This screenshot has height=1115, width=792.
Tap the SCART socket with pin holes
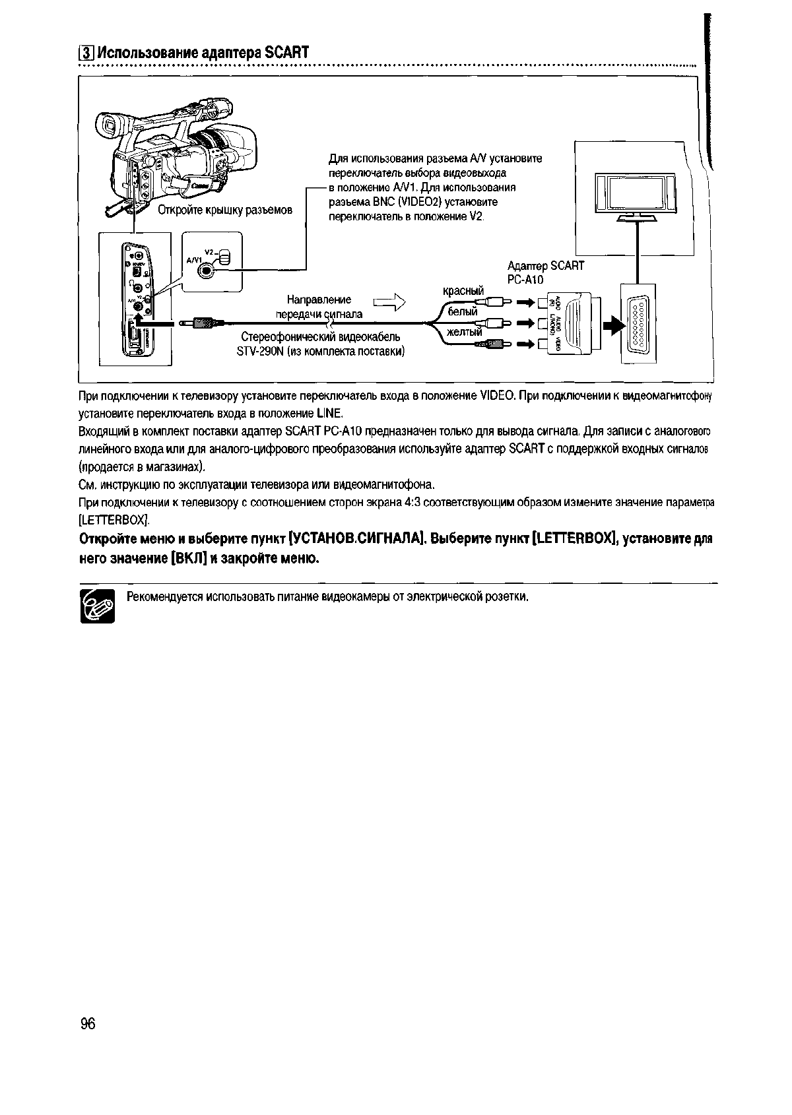click(x=639, y=323)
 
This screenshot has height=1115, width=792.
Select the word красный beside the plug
click(x=463, y=291)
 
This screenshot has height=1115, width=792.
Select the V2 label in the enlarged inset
click(x=209, y=252)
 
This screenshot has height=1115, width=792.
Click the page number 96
click(x=88, y=1024)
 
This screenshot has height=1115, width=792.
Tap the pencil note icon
click(x=97, y=606)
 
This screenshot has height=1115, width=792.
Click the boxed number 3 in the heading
click(x=84, y=53)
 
